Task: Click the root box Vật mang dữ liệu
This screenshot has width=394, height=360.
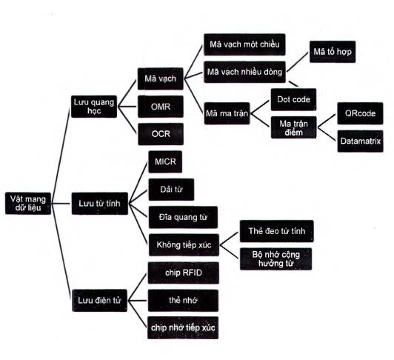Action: pyautogui.click(x=28, y=204)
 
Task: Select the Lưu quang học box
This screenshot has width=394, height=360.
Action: pyautogui.click(x=94, y=107)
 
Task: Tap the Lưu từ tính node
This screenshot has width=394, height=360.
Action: pyautogui.click(x=100, y=204)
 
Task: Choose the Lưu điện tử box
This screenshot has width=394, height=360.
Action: pyautogui.click(x=99, y=301)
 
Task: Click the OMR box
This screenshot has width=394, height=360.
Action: pyautogui.click(x=161, y=107)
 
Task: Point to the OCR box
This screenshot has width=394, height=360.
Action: pyautogui.click(x=161, y=134)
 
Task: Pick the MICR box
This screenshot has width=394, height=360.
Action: pyautogui.click(x=165, y=161)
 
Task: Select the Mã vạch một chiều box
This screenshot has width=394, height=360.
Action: pyautogui.click(x=244, y=44)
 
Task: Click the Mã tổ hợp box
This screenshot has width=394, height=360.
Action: pyautogui.click(x=333, y=52)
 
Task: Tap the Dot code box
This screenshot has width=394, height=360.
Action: pyautogui.click(x=293, y=99)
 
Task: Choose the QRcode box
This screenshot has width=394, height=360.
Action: pyautogui.click(x=360, y=113)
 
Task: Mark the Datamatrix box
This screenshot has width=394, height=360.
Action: pyautogui.click(x=361, y=141)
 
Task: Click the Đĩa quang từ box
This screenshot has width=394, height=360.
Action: pyautogui.click(x=183, y=217)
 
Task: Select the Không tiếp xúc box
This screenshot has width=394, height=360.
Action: pyautogui.click(x=184, y=245)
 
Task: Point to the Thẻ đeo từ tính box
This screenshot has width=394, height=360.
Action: pyautogui.click(x=277, y=231)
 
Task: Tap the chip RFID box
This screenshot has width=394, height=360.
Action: pyautogui.click(x=184, y=273)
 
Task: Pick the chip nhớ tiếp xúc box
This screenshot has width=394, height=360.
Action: pyautogui.click(x=183, y=328)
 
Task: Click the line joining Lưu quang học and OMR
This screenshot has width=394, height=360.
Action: pyautogui.click(x=127, y=107)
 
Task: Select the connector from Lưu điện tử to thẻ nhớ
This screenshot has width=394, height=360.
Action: pyautogui.click(x=138, y=301)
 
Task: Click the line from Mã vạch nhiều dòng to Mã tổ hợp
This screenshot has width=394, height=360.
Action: pyautogui.click(x=298, y=62)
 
